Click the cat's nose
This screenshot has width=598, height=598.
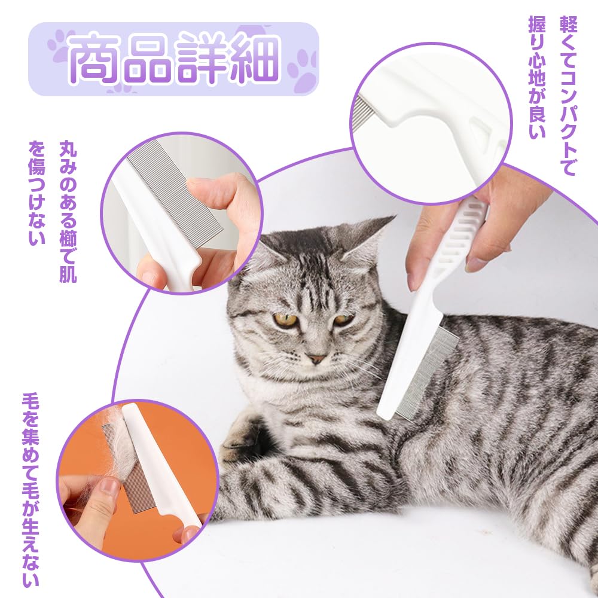pos(316,359)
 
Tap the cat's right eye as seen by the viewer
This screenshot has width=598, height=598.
pos(343,320)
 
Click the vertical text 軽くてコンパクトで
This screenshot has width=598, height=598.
pos(567,96)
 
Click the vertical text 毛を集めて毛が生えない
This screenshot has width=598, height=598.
pos(30,490)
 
